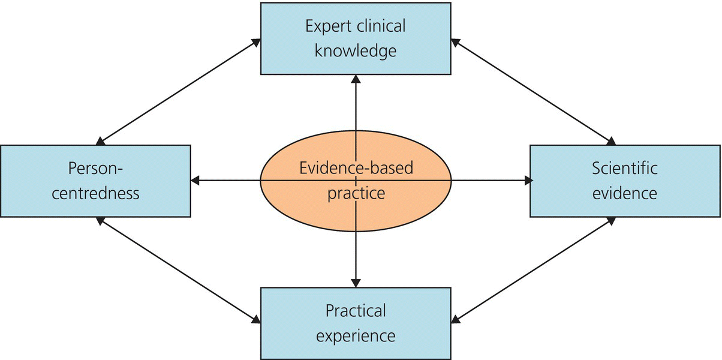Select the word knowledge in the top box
[x=356, y=52]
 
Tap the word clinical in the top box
[x=381, y=27]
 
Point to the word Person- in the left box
[x=95, y=169]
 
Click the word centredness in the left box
[x=95, y=193]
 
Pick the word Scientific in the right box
[x=625, y=169]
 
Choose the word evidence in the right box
[x=625, y=193]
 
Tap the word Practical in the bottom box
[x=356, y=311]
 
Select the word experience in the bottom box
[x=356, y=335]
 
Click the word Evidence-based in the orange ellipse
[x=356, y=169]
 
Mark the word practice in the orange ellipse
[x=356, y=193]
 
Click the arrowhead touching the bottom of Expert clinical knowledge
[x=356, y=79]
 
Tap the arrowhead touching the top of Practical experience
[x=356, y=282]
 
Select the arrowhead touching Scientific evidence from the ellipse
[x=527, y=180]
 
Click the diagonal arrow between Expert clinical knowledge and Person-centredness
[x=178, y=91]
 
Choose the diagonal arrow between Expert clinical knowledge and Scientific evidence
[x=533, y=91]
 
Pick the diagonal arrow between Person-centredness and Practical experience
[x=178, y=269]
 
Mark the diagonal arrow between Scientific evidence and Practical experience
[x=533, y=269]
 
